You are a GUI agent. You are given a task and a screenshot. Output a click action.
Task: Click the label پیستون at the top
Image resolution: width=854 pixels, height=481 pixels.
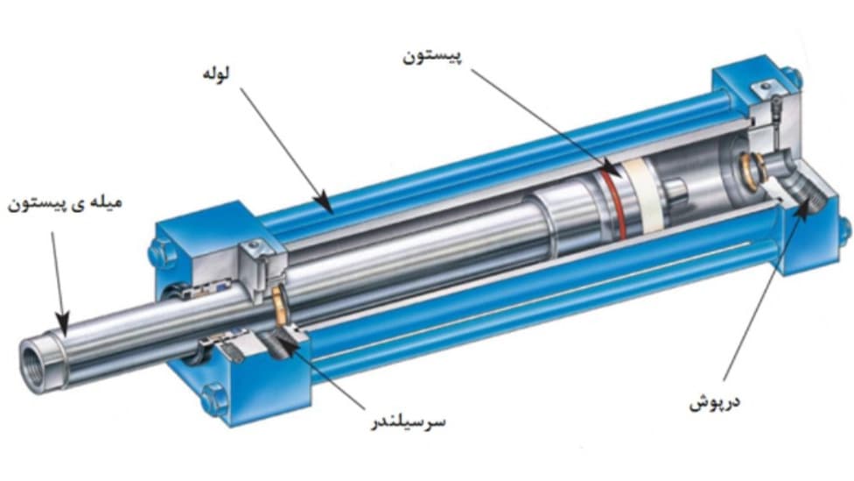[432, 57]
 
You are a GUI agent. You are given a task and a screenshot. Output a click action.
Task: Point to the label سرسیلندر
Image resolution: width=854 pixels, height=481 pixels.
[408, 422]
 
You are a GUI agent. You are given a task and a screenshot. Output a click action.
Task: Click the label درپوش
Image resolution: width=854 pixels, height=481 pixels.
[715, 403]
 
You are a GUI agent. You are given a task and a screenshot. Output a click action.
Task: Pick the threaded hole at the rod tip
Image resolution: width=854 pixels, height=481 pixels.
[32, 364]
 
